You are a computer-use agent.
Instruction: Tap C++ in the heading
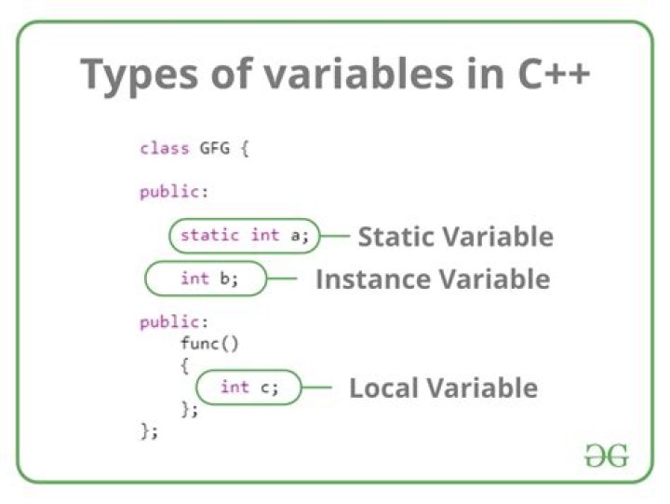(554, 74)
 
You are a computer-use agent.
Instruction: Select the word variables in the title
(358, 74)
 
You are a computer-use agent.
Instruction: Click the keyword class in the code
(165, 148)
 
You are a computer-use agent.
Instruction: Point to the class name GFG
(215, 148)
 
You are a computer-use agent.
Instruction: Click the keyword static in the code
(209, 236)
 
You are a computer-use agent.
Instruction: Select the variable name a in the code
(295, 237)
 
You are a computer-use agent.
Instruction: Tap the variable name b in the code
(224, 279)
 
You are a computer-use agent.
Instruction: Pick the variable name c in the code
(264, 388)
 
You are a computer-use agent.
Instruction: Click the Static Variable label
(455, 237)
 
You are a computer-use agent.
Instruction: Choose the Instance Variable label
(433, 279)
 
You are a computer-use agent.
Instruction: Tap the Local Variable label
(444, 388)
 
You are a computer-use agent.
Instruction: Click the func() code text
(209, 344)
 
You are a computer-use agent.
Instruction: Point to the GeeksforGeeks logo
(607, 456)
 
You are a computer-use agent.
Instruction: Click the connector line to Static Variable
(335, 236)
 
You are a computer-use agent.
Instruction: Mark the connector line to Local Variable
(316, 388)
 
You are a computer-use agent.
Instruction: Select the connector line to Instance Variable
(282, 279)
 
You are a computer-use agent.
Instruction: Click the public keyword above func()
(174, 322)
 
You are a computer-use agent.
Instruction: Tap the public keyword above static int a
(174, 192)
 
